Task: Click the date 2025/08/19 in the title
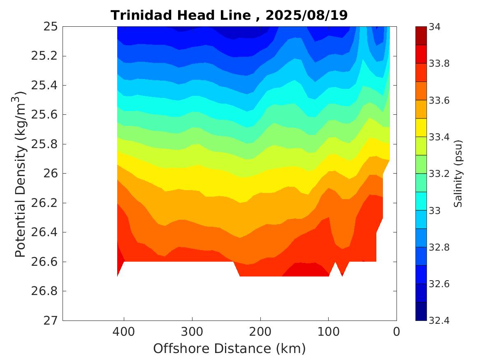click(306, 15)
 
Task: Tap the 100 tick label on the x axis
click(328, 331)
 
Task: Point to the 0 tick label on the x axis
click(397, 331)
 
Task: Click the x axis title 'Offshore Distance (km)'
click(230, 349)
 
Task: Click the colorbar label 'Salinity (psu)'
click(458, 174)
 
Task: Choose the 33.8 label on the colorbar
click(439, 64)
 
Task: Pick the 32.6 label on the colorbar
click(439, 284)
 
